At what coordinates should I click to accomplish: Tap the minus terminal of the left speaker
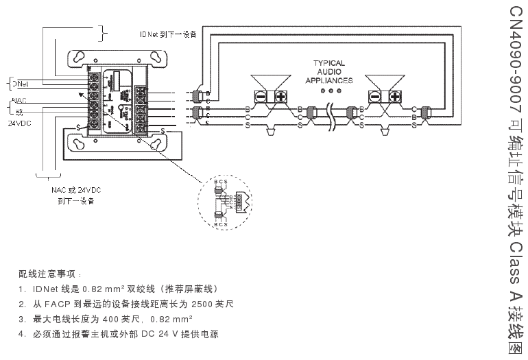[x=262, y=96]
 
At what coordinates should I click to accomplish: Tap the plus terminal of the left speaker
[x=280, y=96]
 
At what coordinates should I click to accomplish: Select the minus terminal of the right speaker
[x=375, y=96]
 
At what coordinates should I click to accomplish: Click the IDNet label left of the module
[x=19, y=83]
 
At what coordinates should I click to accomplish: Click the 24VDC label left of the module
[x=19, y=124]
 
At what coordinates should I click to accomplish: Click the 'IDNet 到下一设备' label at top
[x=168, y=34]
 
